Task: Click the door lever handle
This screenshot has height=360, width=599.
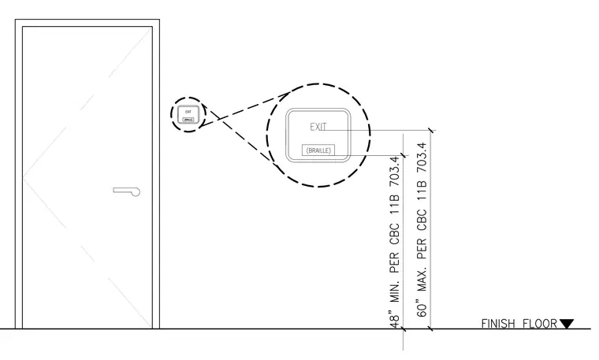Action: coord(127,191)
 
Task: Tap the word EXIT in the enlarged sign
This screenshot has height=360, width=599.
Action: coord(318,127)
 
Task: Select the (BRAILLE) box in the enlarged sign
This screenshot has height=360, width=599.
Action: coord(318,150)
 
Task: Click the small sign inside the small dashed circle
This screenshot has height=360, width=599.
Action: coord(188,114)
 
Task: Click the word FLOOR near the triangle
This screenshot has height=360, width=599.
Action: coord(539,324)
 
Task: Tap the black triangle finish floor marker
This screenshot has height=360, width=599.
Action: coord(567,324)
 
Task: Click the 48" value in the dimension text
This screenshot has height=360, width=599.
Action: coord(394,318)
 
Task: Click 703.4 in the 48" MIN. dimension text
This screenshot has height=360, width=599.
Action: coord(394,172)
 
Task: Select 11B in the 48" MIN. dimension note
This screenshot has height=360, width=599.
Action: coord(394,204)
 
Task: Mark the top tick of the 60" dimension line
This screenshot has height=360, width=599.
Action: coord(431,131)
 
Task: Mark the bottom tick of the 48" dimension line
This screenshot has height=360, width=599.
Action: coord(404,328)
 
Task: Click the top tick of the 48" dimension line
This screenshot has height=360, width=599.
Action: coord(404,155)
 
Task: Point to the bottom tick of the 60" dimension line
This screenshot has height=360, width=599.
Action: coord(431,328)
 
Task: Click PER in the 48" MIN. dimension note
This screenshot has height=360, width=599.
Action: coord(394,262)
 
